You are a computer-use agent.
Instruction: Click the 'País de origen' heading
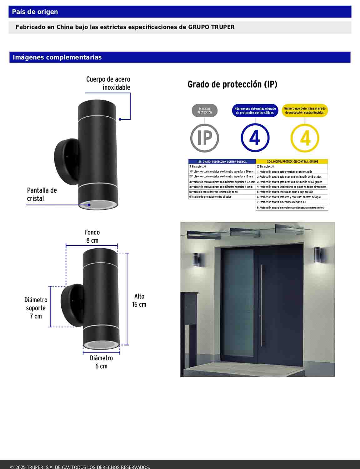tap(35, 12)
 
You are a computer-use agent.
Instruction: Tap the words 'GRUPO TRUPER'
tap(211, 27)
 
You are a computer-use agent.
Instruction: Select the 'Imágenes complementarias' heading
tap(57, 57)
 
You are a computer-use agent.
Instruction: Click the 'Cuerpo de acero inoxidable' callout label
tap(108, 83)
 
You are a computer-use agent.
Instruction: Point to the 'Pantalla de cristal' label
tap(42, 194)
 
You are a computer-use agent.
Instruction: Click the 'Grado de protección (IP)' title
tap(232, 84)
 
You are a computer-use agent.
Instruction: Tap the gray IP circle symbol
tap(205, 138)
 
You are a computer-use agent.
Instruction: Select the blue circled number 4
tap(255, 138)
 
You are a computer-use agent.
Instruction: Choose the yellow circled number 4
tap(305, 138)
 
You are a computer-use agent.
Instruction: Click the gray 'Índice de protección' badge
tap(205, 111)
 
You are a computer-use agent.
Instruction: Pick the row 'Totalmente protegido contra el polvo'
tap(222, 197)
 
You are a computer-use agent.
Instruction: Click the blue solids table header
tap(222, 162)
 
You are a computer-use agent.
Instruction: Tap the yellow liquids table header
tap(292, 162)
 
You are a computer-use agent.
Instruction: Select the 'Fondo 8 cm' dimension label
tap(92, 236)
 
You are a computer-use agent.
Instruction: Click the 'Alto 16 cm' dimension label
tap(139, 300)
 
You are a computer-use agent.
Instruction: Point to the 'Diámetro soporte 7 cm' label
tap(36, 308)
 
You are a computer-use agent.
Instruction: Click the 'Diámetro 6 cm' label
tap(101, 362)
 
